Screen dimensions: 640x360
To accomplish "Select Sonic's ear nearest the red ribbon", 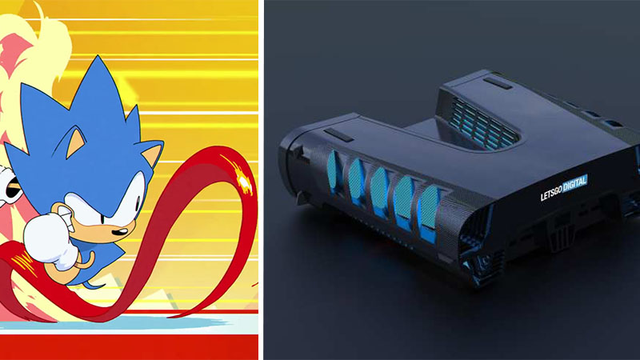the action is (150, 154).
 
